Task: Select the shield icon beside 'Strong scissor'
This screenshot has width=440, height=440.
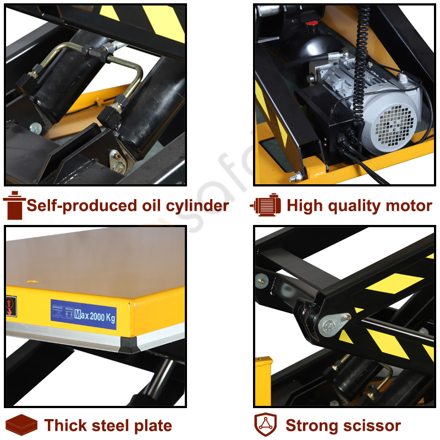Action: (265, 425)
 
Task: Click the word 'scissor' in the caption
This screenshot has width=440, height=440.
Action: (371, 426)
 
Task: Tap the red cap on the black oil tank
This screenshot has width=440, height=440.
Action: (312, 23)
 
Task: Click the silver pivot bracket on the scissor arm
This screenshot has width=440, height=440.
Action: (334, 324)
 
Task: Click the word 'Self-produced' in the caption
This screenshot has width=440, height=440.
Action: (76, 206)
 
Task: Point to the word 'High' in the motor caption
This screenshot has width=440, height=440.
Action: (304, 206)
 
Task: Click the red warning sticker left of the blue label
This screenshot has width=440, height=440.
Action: (12, 304)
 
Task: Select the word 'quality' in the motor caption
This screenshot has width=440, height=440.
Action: (354, 206)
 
